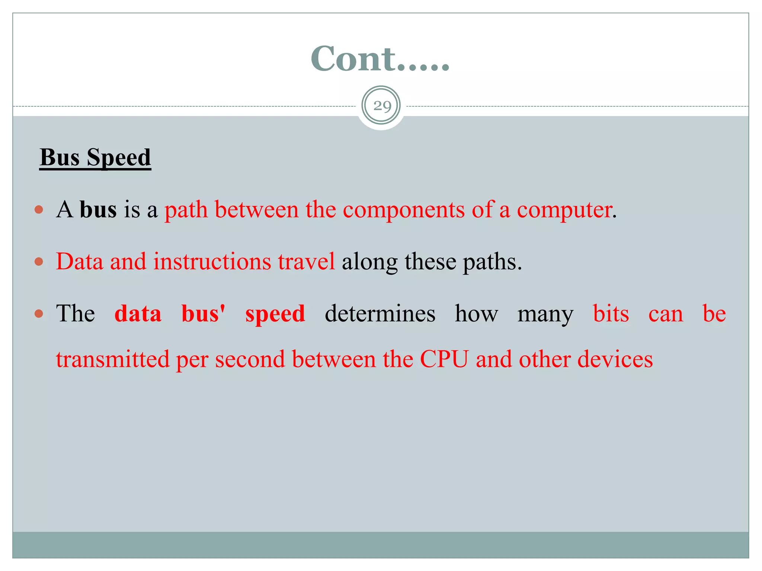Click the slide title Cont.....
pos(380,58)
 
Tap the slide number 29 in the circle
pos(381,106)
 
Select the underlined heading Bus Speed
pos(95,157)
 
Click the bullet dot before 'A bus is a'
pos(39,210)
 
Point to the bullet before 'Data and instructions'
pos(39,262)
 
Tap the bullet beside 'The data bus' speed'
pos(39,314)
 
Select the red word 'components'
pos(404,210)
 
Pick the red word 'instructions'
pos(212,262)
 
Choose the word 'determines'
pos(380,314)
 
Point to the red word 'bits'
pos(611,314)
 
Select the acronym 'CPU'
pos(444,359)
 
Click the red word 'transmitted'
pos(113,359)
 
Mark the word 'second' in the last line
pos(250,359)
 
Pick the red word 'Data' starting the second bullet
pos(80,262)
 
